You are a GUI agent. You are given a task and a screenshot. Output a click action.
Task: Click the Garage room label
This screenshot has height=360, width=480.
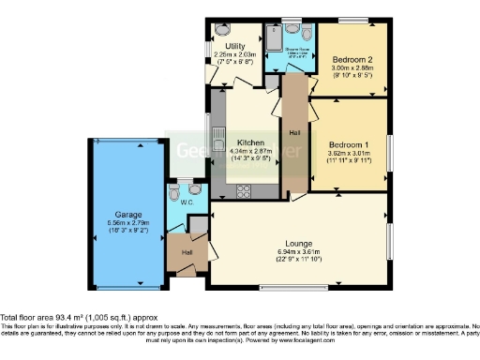128,214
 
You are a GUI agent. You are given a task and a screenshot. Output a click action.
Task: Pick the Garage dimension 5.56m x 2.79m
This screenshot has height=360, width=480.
128,222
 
